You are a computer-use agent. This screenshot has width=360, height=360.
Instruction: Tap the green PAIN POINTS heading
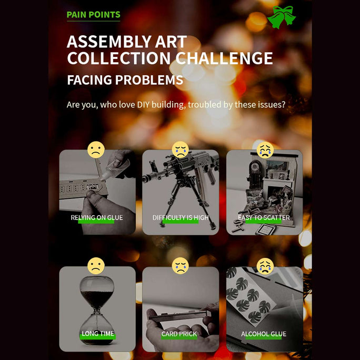pyautogui.click(x=94, y=15)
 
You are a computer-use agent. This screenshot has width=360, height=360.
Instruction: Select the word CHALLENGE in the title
pyautogui.click(x=224, y=58)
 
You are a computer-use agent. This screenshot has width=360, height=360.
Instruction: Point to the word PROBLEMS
pyautogui.click(x=149, y=80)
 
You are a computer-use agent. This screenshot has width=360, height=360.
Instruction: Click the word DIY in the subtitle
pyautogui.click(x=143, y=105)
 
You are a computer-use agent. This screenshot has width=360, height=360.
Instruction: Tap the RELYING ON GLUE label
pyautogui.click(x=97, y=217)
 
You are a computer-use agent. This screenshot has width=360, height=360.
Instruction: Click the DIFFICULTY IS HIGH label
pyautogui.click(x=181, y=217)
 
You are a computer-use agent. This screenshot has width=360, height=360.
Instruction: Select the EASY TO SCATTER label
pyautogui.click(x=264, y=217)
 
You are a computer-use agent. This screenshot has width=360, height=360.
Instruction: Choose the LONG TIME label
pyautogui.click(x=98, y=333)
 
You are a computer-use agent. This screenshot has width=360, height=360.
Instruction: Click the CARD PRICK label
pyautogui.click(x=179, y=334)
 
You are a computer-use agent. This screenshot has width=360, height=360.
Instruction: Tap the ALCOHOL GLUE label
pyautogui.click(x=264, y=334)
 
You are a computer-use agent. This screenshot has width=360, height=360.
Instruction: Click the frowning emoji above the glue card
pyautogui.click(x=96, y=149)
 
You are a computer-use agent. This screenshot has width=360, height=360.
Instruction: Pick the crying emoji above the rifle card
pyautogui.click(x=181, y=149)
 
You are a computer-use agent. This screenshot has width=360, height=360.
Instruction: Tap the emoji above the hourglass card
pyautogui.click(x=96, y=266)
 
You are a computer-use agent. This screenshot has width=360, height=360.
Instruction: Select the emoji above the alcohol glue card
pyautogui.click(x=265, y=266)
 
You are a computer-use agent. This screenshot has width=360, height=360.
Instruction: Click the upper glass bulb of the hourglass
pyautogui.click(x=97, y=291)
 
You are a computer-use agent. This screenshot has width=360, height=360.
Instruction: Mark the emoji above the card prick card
pyautogui.click(x=181, y=266)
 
